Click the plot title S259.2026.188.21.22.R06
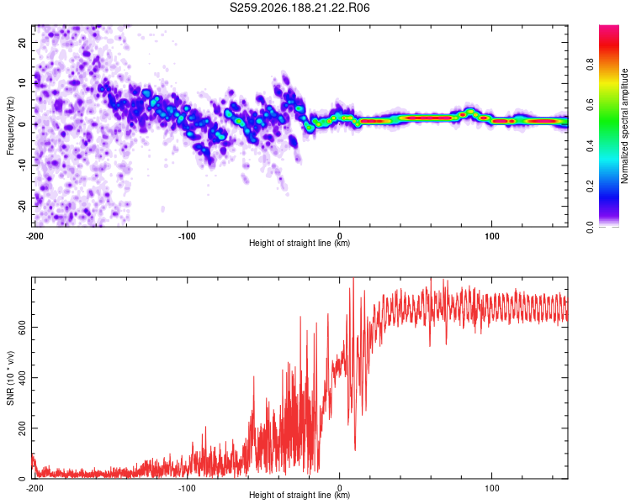300,8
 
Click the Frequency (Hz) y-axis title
10,126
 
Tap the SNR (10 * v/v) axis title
10,378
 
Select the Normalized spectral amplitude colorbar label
624,126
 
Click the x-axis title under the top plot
300,243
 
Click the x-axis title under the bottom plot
300,495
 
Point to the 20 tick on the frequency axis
22,42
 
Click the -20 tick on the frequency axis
22,206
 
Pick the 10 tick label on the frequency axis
22,83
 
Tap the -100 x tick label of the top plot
187,236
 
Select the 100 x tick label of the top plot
492,236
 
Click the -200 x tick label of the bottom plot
34,488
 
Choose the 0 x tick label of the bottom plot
340,488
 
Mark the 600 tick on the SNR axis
22,328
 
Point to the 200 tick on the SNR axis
22,428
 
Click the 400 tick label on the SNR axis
22,378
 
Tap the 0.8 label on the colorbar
590,65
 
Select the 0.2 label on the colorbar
590,186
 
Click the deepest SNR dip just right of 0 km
355,450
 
